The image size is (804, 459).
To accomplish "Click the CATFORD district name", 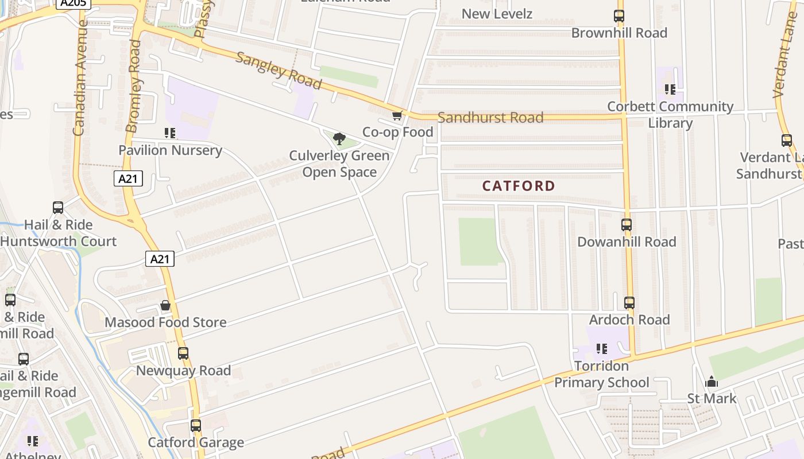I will pos(519,186).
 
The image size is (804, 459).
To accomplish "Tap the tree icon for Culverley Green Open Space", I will pos(339,138).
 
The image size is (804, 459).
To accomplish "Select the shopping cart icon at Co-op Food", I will pos(397,116).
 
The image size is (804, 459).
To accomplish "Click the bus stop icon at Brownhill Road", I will pos(619,16).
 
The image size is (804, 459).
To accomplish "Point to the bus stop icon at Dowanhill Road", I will pos(627,225).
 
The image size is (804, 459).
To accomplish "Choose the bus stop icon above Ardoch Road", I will pos(629,302).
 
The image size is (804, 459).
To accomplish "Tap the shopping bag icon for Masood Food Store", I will pos(165,305).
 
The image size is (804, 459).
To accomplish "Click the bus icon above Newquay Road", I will pos(183,353).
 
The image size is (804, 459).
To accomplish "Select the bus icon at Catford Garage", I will pos(196,426).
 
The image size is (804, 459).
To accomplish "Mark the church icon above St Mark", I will pos(712,382).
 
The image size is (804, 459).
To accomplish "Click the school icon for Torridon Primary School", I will pos(601,349).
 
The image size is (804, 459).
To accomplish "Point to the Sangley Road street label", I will pos(278,71).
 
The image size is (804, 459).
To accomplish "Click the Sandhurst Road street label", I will pos(490,118).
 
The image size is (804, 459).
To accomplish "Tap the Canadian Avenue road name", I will pos(79,77).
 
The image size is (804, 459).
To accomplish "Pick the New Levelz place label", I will pos(497,14).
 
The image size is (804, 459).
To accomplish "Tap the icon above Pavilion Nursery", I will pos(170,133).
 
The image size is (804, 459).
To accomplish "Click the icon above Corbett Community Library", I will pos(670,90).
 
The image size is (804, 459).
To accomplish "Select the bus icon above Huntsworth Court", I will pos(58,208).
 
